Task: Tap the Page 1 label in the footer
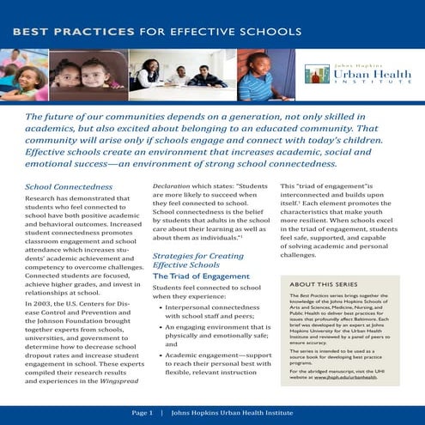[141, 413]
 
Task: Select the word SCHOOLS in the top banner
[271, 31]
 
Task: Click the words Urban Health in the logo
[369, 74]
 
